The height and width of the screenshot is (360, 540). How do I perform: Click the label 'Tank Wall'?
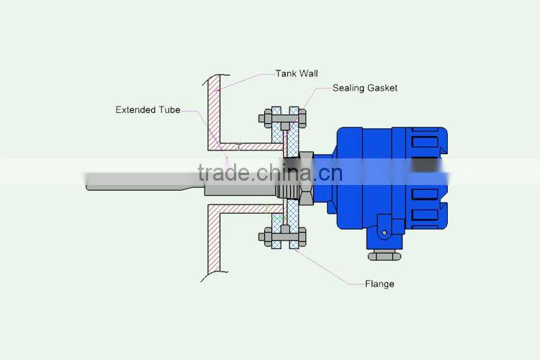point(296,73)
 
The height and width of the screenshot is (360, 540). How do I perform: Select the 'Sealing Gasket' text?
point(364,88)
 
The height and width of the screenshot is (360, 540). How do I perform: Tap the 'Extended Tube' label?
point(148,110)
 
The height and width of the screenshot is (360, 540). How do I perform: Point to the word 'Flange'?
point(379,284)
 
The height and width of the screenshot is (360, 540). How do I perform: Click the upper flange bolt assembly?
point(282,116)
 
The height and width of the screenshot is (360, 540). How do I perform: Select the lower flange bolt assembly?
point(282,235)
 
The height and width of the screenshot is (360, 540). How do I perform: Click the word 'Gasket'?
point(381,88)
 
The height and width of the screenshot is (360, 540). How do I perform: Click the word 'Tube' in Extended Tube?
point(171,110)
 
